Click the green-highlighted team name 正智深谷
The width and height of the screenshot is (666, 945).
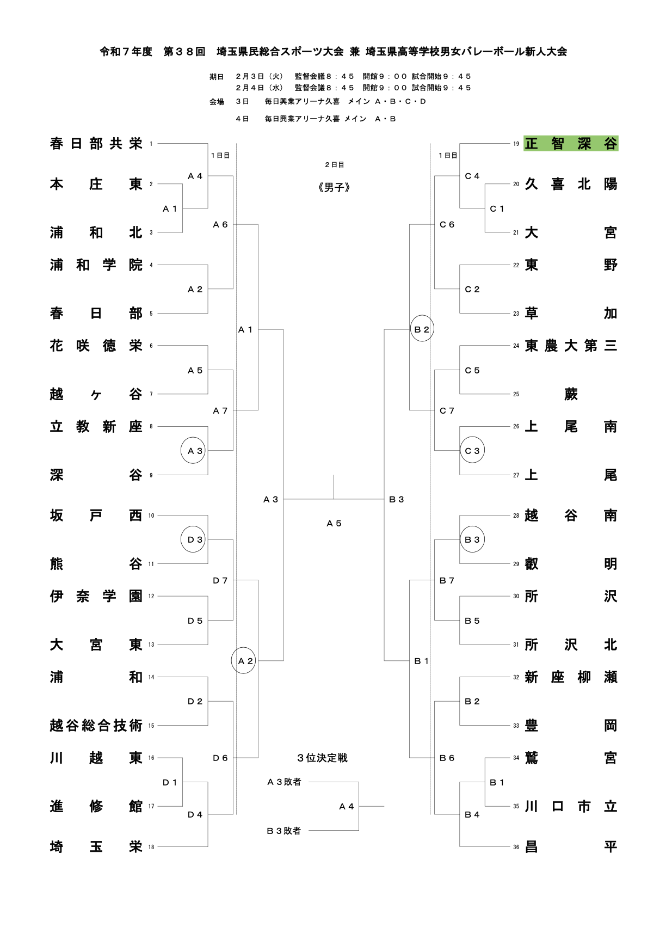[571, 144]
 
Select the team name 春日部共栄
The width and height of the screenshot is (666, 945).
[96, 144]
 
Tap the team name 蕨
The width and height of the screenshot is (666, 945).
[571, 394]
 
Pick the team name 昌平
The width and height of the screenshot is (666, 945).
[571, 847]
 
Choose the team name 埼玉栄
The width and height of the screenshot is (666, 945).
[96, 847]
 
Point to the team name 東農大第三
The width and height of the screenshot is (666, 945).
[571, 346]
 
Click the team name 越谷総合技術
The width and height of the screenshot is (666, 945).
[96, 726]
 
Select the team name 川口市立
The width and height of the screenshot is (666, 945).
[571, 807]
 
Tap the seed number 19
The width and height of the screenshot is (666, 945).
[516, 144]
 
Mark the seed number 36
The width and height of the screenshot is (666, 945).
[516, 848]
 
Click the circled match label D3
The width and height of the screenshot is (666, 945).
[194, 539]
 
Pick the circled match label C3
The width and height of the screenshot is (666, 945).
[472, 451]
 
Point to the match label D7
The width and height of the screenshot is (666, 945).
[220, 581]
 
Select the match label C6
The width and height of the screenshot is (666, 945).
[447, 224]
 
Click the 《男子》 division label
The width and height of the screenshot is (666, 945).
[334, 187]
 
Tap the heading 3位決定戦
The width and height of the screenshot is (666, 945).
[322, 758]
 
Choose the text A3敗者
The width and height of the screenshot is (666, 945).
[284, 782]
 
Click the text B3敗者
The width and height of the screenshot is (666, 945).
[284, 831]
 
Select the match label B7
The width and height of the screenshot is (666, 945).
[447, 581]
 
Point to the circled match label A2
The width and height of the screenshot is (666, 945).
[245, 661]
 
